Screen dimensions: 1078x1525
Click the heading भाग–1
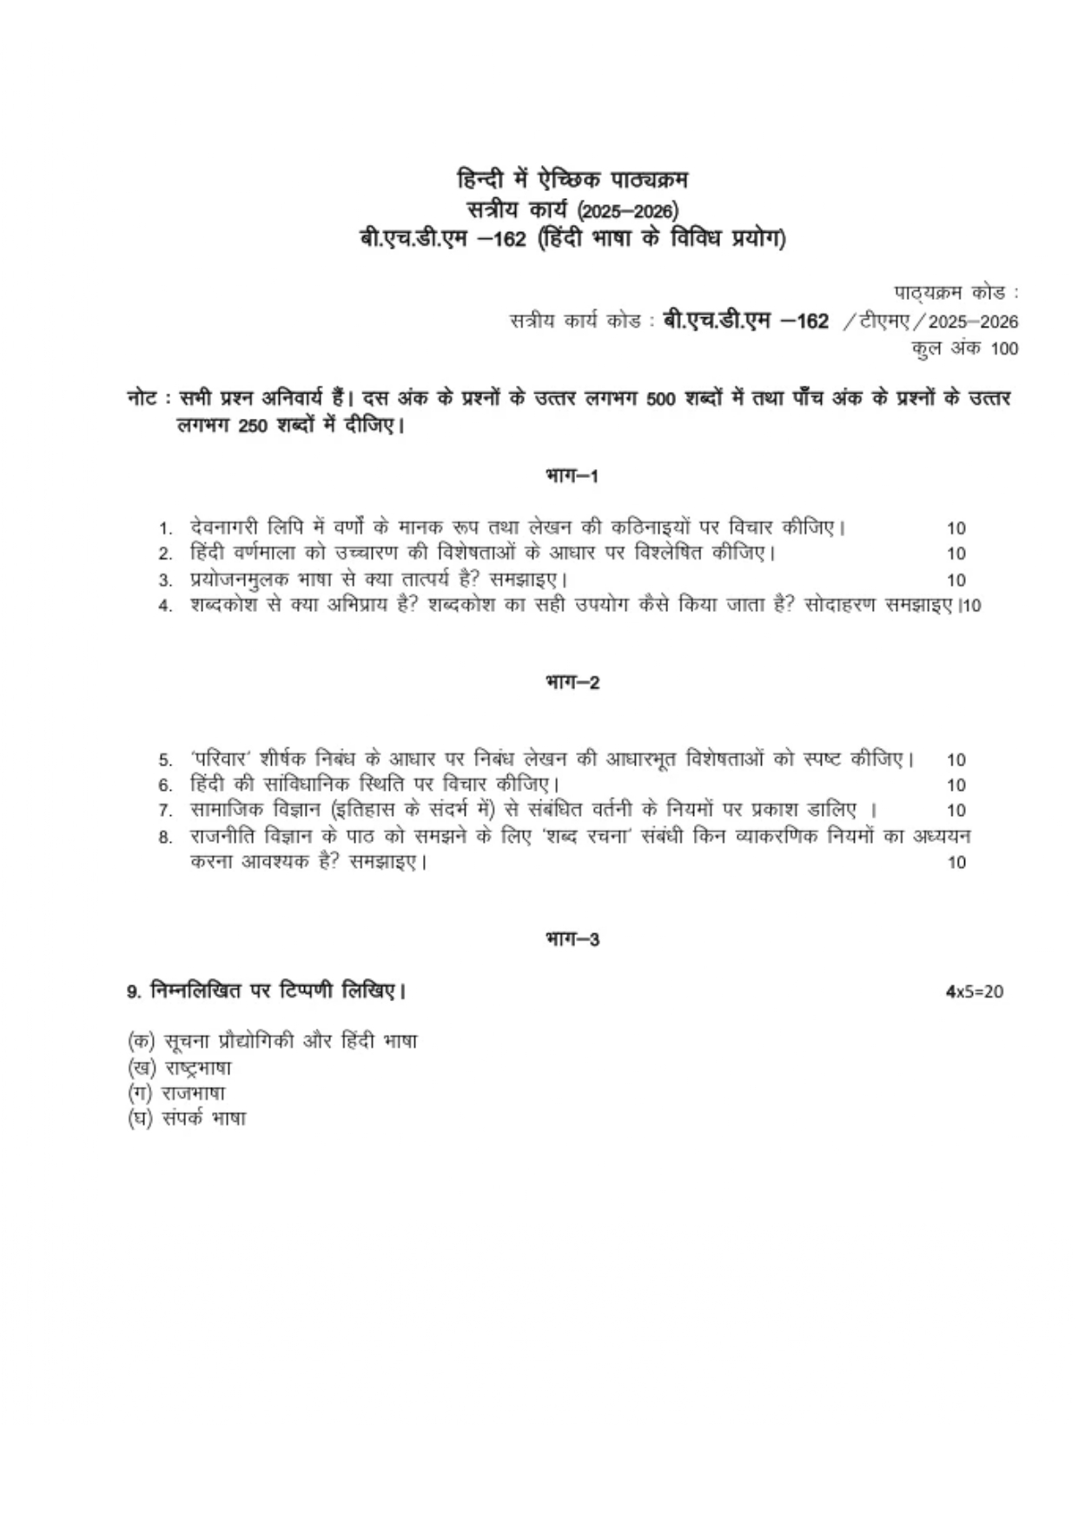coord(572,476)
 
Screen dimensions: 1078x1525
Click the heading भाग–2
coord(572,683)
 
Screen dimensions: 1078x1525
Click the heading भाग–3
coord(572,939)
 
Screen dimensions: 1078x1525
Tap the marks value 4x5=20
coord(974,991)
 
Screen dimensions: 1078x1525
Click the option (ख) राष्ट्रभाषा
coord(179,1068)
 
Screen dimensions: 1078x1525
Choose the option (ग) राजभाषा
coord(175,1093)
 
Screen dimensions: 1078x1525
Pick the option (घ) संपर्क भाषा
coord(186,1118)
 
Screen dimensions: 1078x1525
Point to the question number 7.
coord(164,812)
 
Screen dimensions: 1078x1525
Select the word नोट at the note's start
coord(141,400)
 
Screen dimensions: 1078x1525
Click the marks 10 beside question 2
coord(956,554)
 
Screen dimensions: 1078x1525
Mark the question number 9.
coord(132,991)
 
